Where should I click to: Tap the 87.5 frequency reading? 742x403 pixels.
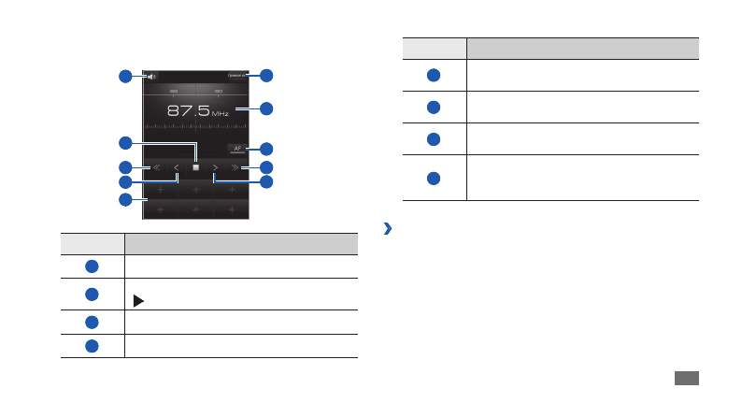tap(187, 110)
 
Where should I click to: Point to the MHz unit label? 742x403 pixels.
tap(220, 113)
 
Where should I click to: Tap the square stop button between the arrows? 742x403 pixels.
tap(196, 168)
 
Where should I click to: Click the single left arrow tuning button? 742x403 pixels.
tap(177, 168)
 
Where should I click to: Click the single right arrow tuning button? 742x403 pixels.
tap(215, 168)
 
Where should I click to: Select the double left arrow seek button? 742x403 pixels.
tap(157, 168)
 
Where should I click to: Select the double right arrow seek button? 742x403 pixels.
tap(235, 168)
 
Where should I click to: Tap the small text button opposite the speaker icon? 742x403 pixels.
tap(236, 76)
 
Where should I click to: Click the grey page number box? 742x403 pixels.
tap(686, 378)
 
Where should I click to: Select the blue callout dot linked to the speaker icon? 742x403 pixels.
tap(124, 77)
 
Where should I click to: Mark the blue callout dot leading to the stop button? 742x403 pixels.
tap(124, 143)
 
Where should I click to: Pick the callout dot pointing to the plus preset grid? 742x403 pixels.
tap(124, 200)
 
